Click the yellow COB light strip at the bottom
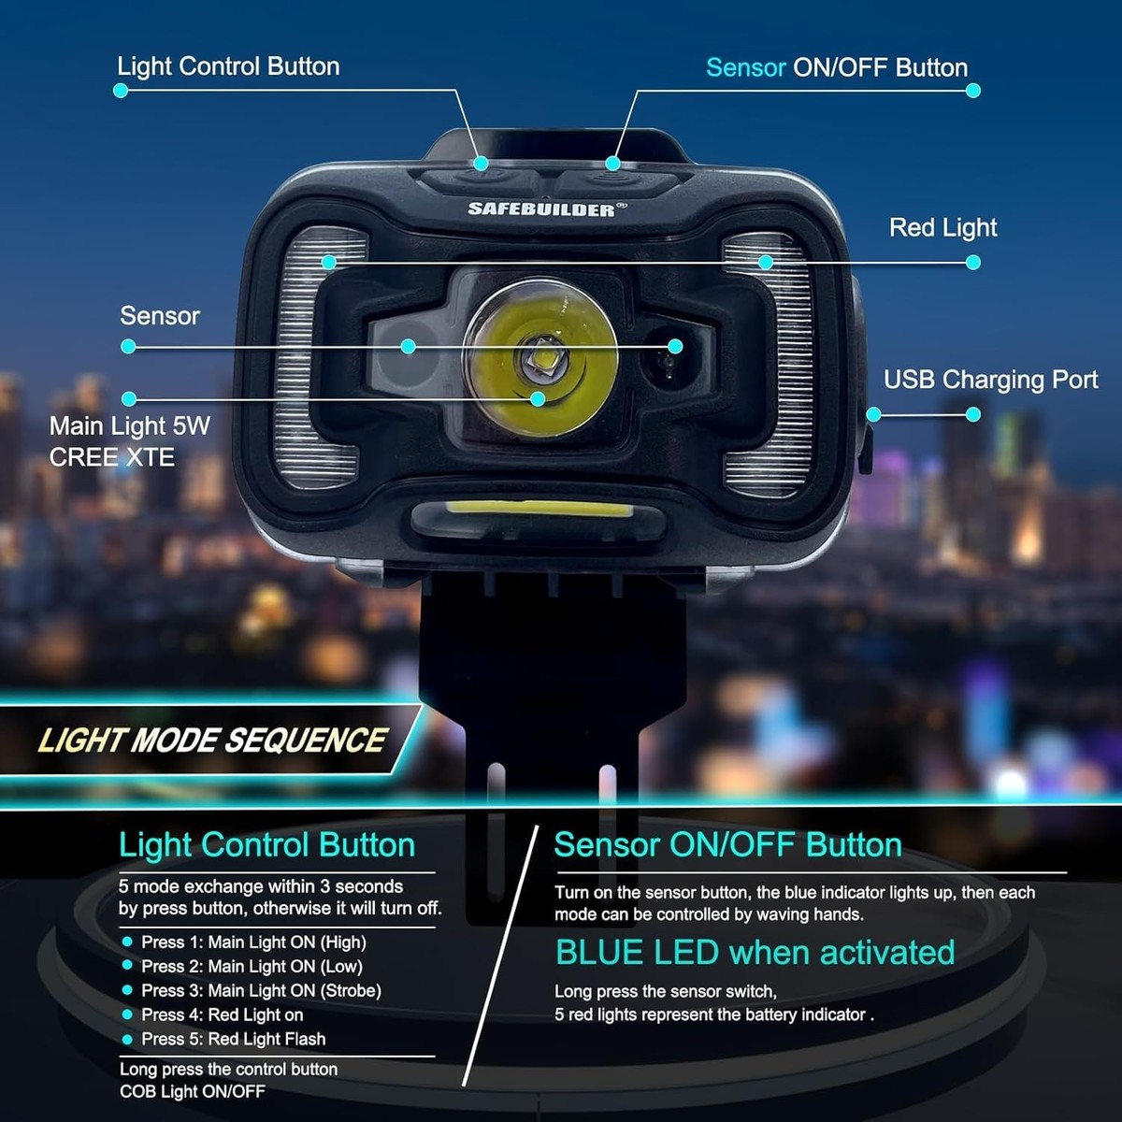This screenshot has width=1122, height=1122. pos(539,509)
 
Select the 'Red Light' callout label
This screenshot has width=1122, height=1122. pos(942,227)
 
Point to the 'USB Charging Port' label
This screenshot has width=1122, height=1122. pos(990,381)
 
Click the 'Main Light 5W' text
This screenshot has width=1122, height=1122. pos(129,426)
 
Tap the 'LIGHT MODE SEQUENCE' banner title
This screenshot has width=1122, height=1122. pos(212,740)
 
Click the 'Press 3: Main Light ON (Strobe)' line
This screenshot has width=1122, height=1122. pos(261,990)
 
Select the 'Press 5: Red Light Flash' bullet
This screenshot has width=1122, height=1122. pos(233,1039)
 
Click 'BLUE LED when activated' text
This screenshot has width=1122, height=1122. pos(755,953)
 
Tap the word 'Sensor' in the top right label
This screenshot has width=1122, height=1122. pos(746,68)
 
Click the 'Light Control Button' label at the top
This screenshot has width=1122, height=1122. pos(228,67)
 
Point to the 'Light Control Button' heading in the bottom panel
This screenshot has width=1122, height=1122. pos(267,845)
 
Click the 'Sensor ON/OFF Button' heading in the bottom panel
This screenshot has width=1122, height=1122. pos(727,845)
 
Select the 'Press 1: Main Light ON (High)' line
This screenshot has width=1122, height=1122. pos(253,942)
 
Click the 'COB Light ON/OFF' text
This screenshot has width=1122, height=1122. pos(193,1092)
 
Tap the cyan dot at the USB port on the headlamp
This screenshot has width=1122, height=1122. pos(873,414)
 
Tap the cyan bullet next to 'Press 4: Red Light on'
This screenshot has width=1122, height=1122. pos(127,1014)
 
